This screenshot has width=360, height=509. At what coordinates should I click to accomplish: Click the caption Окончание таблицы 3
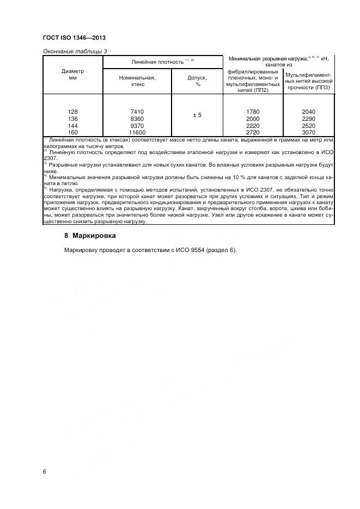click(71, 51)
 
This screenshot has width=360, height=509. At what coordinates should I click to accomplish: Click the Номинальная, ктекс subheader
click(137, 81)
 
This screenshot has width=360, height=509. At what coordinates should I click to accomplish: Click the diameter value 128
click(73, 112)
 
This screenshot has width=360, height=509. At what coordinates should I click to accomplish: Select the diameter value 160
click(73, 132)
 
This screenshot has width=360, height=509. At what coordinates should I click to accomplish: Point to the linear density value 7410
click(137, 112)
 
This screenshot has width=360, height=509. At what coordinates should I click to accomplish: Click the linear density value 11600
click(137, 132)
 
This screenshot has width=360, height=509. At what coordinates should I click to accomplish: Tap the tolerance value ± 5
click(198, 115)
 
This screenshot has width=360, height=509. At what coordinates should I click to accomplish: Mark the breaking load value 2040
click(308, 112)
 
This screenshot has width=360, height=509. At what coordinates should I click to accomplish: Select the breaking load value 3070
click(308, 132)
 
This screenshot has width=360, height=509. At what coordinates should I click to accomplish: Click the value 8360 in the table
click(137, 119)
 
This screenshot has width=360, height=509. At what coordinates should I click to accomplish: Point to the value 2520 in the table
click(308, 125)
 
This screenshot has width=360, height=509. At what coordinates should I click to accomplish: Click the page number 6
click(45, 471)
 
